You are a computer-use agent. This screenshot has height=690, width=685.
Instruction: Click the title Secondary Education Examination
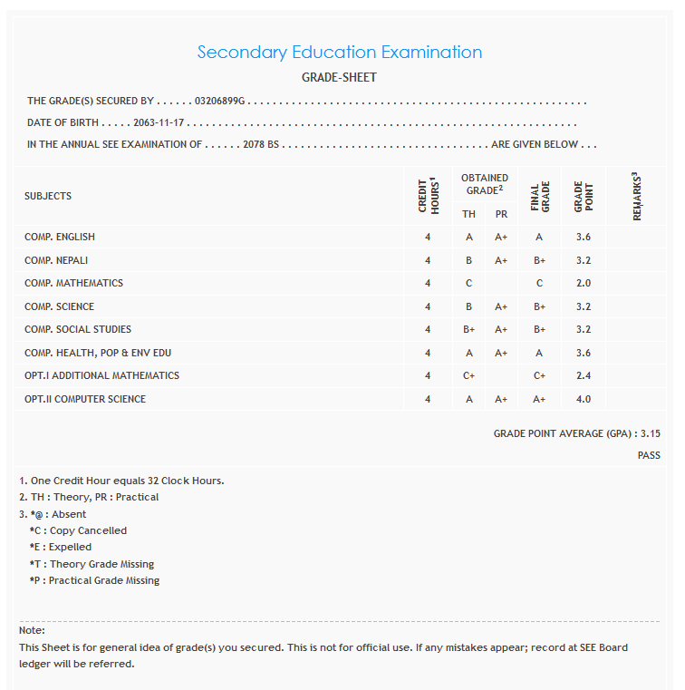339,53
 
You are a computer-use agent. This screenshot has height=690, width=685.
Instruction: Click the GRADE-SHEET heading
339,78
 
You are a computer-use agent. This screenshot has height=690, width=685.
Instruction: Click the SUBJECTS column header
48,196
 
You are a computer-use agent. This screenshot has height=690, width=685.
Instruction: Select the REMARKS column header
637,196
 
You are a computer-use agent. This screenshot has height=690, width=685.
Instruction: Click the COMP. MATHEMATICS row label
73,283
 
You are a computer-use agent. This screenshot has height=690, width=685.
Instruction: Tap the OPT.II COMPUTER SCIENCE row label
85,399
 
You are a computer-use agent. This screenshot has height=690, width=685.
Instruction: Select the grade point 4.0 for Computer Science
583,399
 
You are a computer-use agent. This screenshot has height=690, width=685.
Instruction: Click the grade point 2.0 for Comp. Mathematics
583,283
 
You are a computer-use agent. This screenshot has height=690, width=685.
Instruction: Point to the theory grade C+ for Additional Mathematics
468,375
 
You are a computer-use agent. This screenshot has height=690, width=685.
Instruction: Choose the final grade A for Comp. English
539,237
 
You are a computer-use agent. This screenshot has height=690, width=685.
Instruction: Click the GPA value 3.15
651,434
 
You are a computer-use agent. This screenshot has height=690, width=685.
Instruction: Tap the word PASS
649,455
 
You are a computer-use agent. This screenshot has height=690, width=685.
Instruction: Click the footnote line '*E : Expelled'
61,547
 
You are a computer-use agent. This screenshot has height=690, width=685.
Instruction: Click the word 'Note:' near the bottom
32,630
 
